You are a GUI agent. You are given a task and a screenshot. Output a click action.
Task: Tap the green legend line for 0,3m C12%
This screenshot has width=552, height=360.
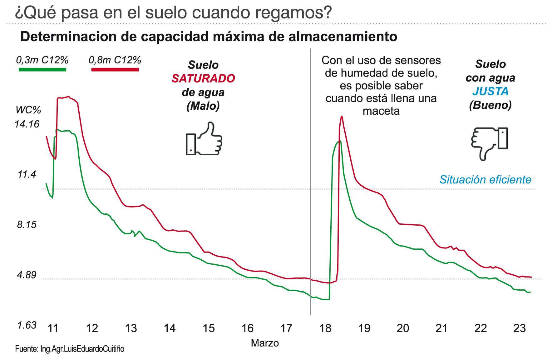42,69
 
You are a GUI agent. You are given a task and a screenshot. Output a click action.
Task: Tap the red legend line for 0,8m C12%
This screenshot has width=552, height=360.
115,69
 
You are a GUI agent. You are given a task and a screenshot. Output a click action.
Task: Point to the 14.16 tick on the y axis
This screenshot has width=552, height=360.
27,124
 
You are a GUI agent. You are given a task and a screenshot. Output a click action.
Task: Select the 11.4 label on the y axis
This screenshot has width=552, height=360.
27,174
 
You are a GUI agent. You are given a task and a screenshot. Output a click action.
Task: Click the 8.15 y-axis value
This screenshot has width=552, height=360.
27,225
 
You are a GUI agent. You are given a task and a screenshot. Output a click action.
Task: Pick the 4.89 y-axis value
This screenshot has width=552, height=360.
27,275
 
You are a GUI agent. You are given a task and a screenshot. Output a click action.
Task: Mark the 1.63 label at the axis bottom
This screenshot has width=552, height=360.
27,325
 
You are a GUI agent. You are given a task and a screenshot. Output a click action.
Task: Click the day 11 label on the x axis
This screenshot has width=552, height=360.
53,328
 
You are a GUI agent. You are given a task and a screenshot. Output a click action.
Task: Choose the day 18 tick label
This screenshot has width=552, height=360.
325,328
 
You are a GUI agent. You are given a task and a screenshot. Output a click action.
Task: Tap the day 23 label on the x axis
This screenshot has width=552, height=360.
520,328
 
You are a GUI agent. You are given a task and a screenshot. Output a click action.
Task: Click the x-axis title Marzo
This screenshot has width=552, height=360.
265,343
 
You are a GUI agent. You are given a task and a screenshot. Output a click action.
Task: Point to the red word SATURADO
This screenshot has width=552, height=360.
203,78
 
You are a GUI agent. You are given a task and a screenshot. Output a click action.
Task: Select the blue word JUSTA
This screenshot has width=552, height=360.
490,91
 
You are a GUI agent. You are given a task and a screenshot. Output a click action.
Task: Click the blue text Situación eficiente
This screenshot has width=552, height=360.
485,180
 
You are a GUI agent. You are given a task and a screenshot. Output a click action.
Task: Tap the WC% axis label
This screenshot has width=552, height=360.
28,110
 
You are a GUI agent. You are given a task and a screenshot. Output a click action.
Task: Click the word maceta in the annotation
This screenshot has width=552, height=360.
381,111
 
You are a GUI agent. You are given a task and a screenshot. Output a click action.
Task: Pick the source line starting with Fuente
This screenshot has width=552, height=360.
70,349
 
